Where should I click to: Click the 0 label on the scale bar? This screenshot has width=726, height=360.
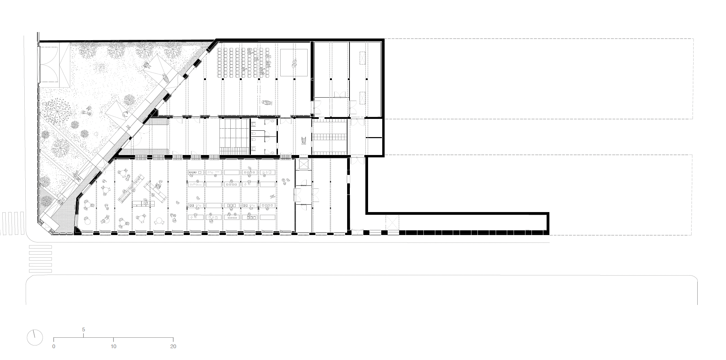coord(54,346)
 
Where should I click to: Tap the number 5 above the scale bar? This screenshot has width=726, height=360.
coord(83,330)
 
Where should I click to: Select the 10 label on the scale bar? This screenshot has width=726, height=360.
coord(113,346)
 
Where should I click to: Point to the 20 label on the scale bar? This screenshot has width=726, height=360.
coord(173,346)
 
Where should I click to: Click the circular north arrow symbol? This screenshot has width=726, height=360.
coord(35,337)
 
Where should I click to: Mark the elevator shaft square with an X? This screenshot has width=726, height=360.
coord(303,164)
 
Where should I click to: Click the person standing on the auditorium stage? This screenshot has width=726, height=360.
coord(294,62)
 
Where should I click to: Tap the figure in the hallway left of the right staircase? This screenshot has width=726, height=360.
coord(304,140)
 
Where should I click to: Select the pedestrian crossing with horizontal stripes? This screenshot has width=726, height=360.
coord(40,259)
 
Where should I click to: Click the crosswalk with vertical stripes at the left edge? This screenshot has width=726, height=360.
coord(12,223)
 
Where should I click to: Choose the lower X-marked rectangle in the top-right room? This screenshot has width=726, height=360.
coord(362,98)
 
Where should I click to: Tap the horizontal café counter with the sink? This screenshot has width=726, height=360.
coord(143,203)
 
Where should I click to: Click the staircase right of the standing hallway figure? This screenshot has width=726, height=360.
coord(330,137)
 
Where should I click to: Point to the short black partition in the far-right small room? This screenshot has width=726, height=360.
coord(374,137)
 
